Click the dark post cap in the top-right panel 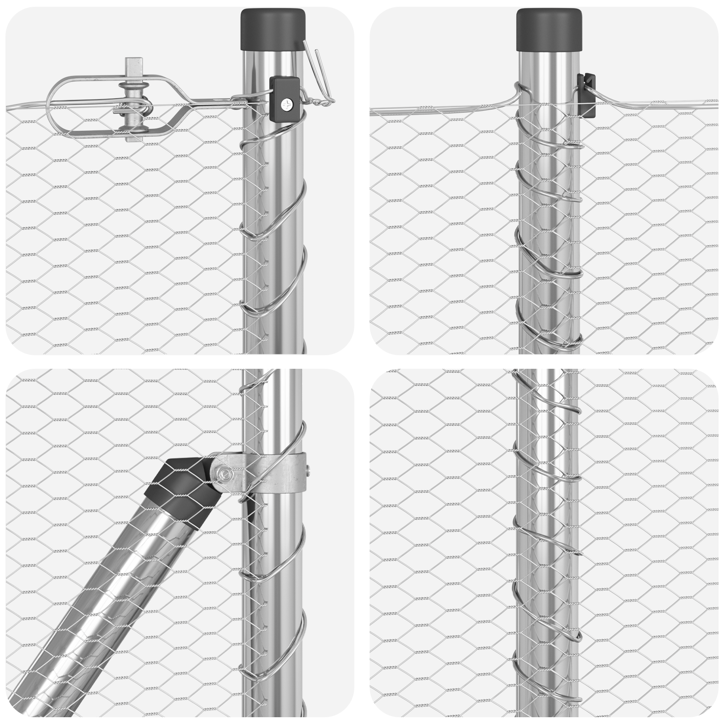pos(549,30)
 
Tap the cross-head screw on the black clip pos(287,105)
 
